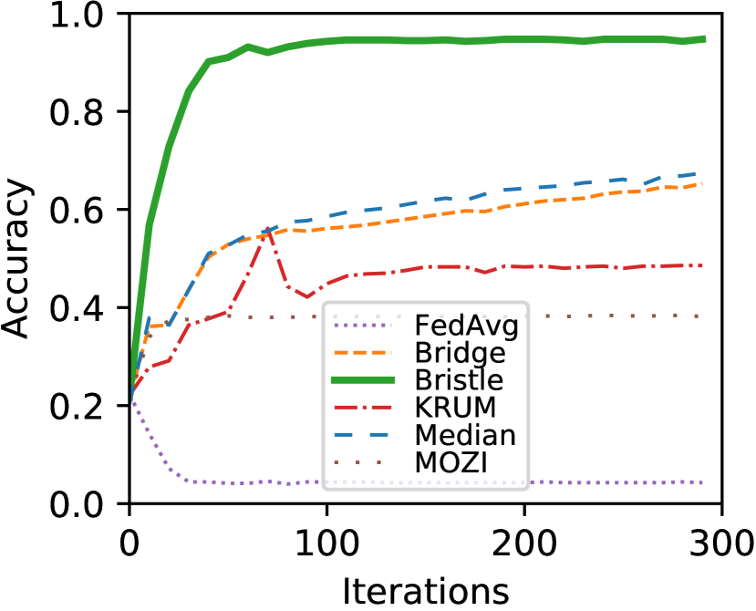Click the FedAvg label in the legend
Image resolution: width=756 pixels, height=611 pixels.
[x=465, y=326]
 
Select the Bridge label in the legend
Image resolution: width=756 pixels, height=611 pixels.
[x=460, y=353]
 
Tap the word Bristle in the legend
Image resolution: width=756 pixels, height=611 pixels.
[x=459, y=380]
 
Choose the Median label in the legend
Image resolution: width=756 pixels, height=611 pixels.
[x=464, y=435]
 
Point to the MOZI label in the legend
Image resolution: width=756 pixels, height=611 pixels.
[x=450, y=462]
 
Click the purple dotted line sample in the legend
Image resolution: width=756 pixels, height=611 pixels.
[x=364, y=326]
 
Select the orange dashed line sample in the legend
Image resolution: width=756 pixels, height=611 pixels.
[x=364, y=353]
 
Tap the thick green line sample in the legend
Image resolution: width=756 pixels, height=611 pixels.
[x=364, y=379]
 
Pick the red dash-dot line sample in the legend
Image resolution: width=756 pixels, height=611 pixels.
[x=364, y=407]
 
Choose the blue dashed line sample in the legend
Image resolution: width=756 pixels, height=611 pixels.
[x=364, y=434]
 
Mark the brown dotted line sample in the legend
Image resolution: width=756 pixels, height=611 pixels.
[x=364, y=461]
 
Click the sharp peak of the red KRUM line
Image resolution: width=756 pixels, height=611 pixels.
[x=267, y=228]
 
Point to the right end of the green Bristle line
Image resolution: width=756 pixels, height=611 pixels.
[x=704, y=38]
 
